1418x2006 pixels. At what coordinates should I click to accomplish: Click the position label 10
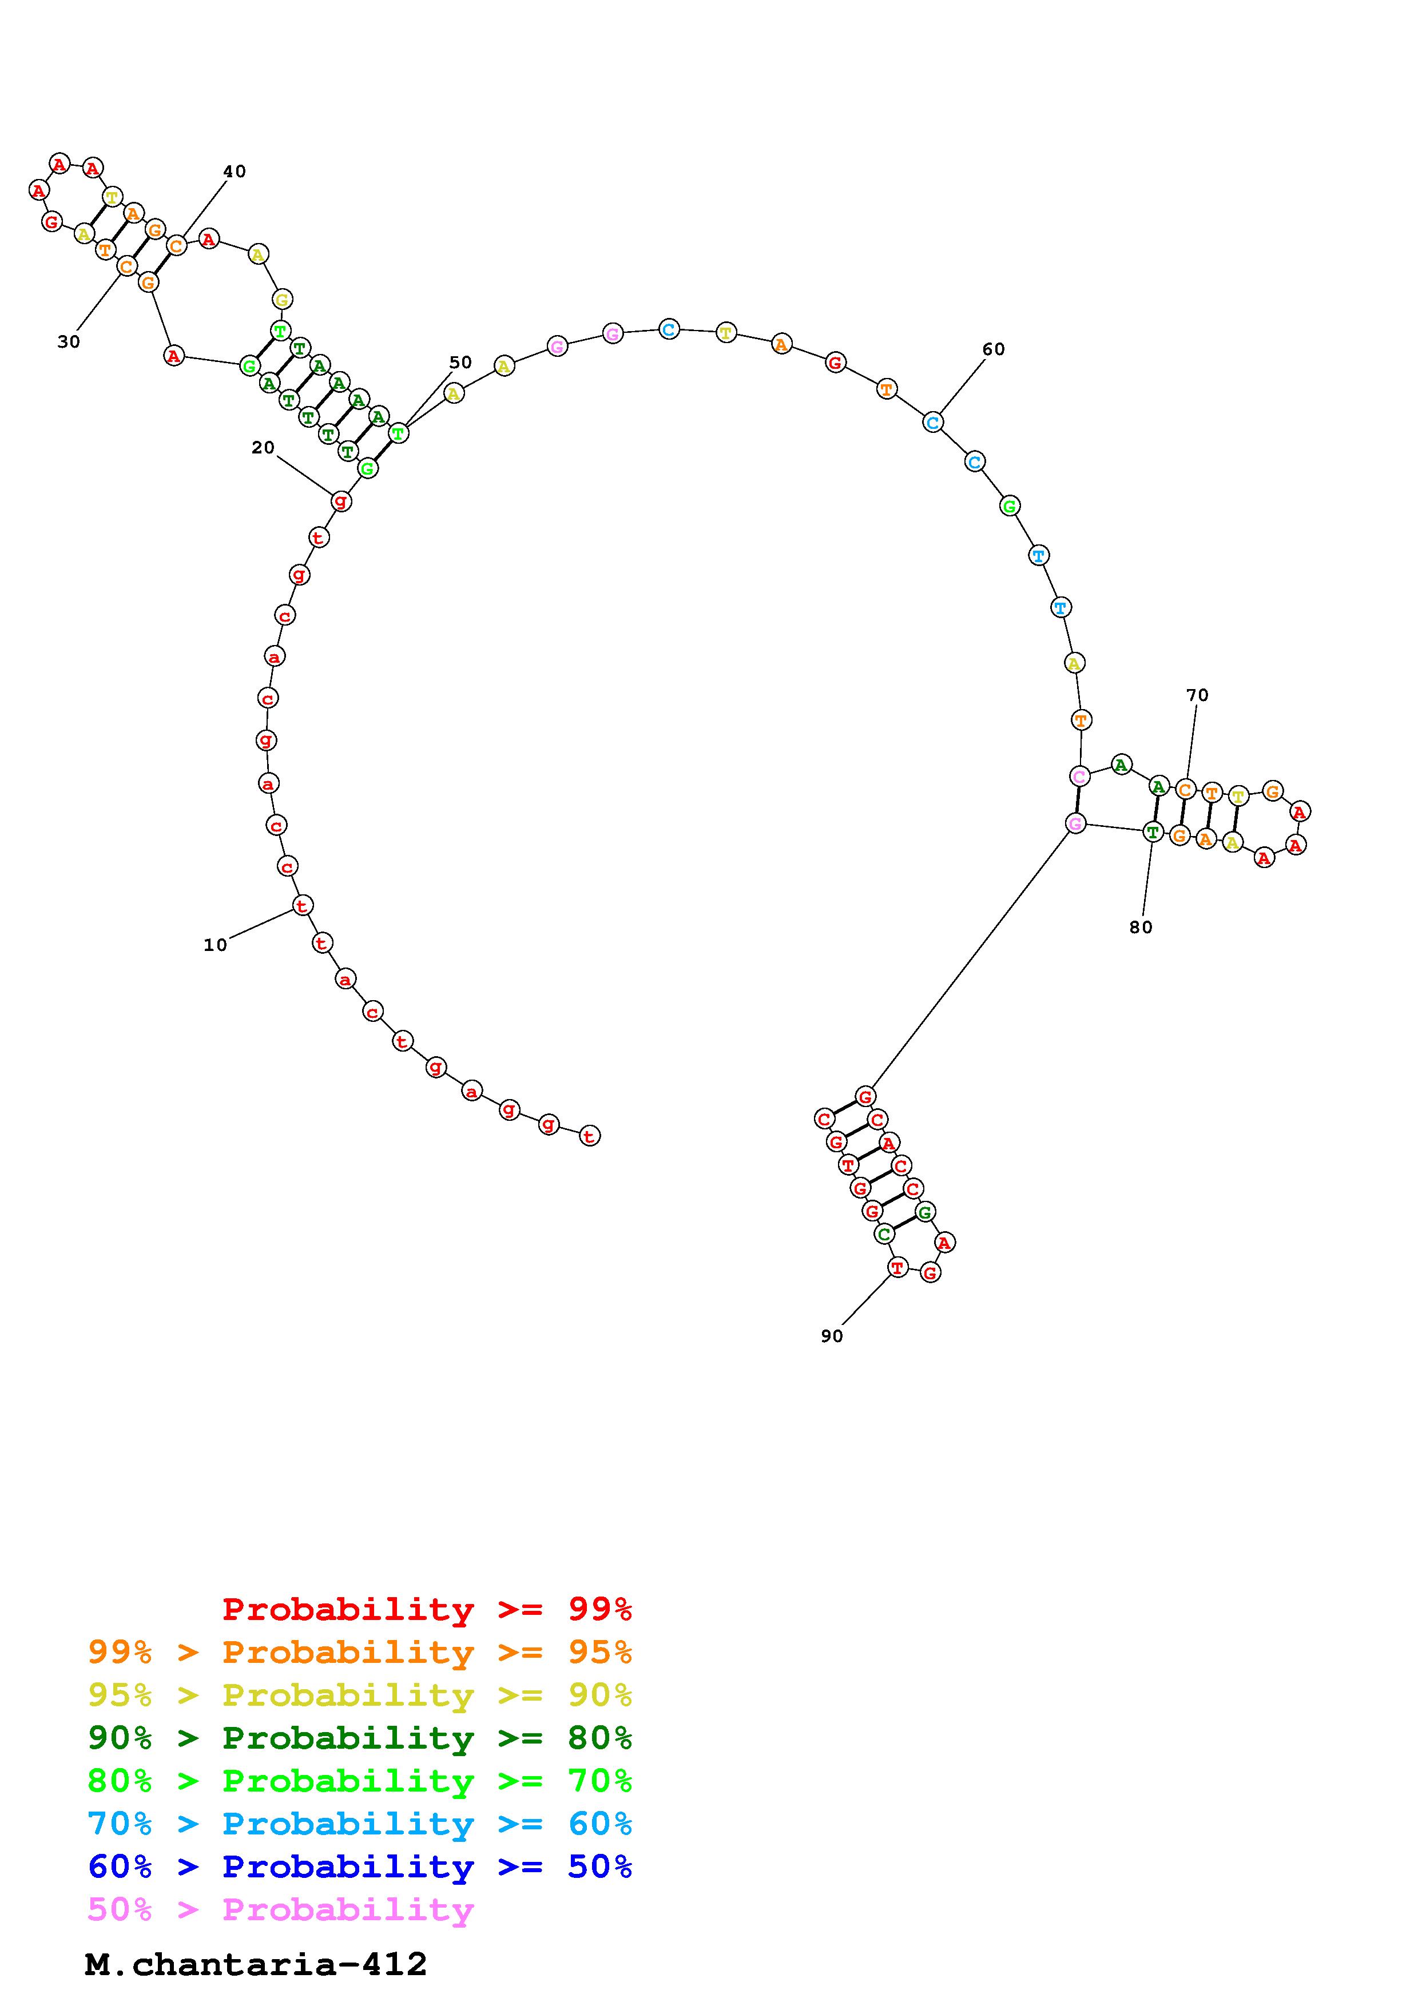[x=215, y=945]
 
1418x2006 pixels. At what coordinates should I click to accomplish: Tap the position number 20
[x=263, y=447]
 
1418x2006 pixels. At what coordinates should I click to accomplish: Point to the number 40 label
[x=234, y=171]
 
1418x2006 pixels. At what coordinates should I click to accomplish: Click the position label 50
[x=460, y=362]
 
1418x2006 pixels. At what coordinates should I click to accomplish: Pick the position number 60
[x=994, y=349]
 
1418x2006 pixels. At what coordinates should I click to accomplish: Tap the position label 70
[x=1197, y=695]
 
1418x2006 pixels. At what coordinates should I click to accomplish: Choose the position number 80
[x=1141, y=927]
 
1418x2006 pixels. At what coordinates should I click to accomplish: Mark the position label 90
[x=832, y=1336]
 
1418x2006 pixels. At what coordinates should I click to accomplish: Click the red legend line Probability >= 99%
[x=427, y=1609]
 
